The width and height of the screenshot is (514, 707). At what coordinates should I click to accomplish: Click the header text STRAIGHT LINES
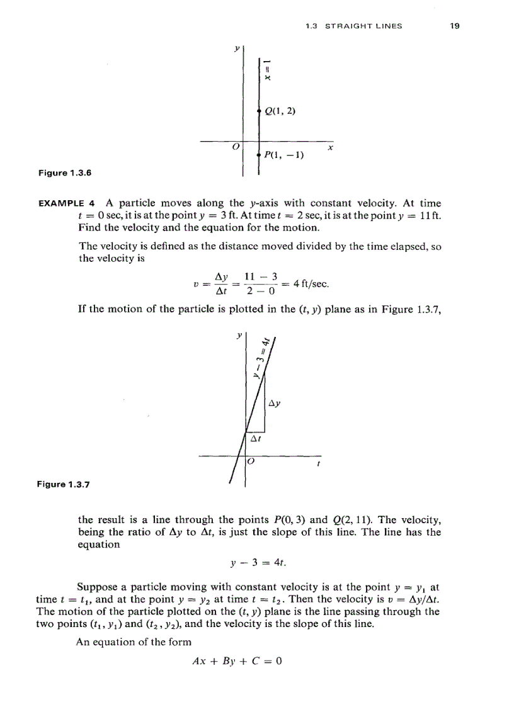pos(362,26)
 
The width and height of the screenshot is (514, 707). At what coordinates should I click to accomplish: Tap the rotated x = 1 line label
pos(268,69)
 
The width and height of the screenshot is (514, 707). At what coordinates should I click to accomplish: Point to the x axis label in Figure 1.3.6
pos(330,149)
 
